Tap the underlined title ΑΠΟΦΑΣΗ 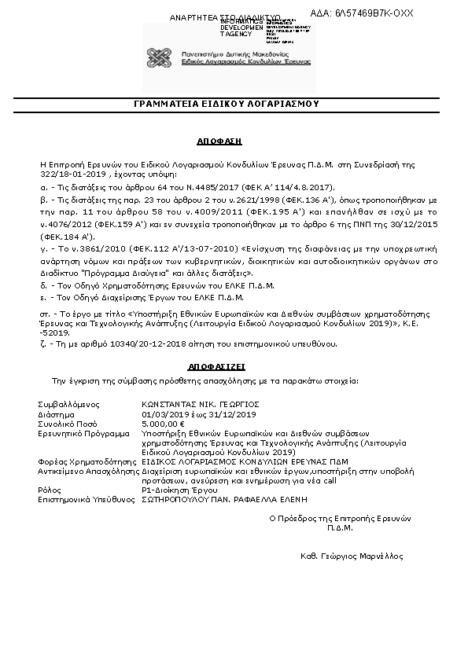tap(219, 141)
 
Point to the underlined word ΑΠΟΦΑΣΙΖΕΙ tap(217, 366)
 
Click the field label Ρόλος tap(50, 489)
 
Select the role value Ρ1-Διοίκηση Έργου tap(179, 489)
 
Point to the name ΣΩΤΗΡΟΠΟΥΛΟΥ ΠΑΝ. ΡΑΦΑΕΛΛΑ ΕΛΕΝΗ tap(224, 498)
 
